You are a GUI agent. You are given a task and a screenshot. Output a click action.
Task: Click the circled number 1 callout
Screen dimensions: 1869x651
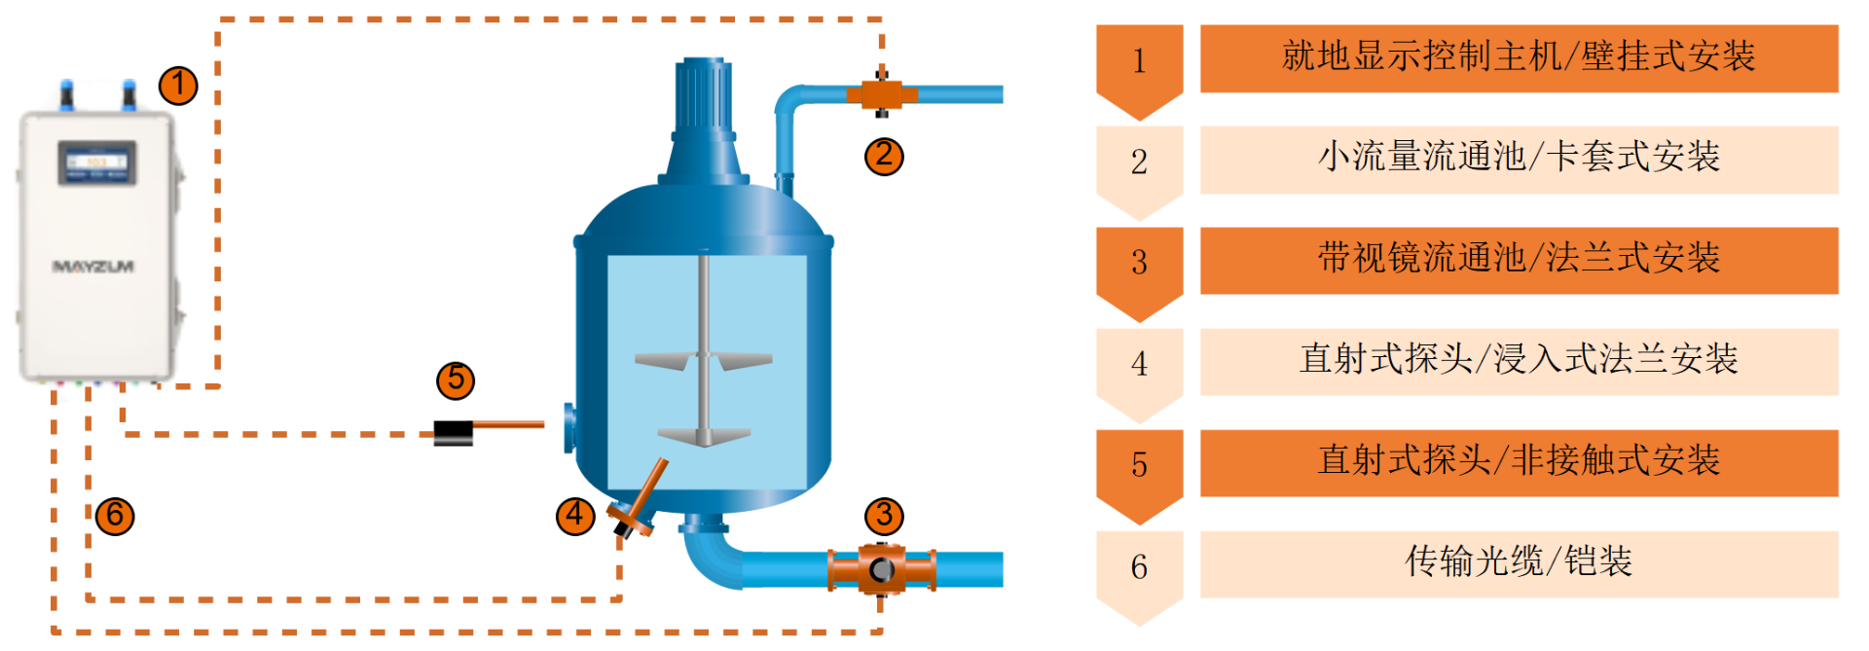(x=178, y=86)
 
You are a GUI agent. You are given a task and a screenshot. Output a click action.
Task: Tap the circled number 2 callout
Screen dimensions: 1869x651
(x=884, y=156)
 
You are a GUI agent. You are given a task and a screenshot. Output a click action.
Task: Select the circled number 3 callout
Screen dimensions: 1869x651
(x=884, y=516)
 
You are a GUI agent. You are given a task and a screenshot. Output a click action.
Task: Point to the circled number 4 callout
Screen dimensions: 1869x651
(x=575, y=516)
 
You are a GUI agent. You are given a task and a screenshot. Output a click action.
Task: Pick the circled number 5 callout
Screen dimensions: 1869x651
(x=456, y=380)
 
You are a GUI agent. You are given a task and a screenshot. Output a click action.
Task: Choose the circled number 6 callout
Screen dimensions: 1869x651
(x=115, y=516)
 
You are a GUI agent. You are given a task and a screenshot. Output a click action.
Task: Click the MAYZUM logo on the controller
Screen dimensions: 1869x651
(x=93, y=267)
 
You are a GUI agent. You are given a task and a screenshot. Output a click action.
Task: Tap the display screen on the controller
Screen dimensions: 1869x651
(x=96, y=163)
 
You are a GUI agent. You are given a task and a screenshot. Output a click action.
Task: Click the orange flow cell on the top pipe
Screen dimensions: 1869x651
(x=882, y=94)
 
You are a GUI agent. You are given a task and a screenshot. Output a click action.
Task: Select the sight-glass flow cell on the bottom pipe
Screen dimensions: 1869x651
(x=882, y=570)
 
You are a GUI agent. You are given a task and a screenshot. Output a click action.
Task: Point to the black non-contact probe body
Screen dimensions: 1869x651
(x=453, y=433)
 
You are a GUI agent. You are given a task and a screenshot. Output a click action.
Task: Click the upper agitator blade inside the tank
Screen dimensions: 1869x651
(x=703, y=360)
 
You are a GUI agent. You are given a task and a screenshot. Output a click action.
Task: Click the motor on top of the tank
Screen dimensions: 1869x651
(x=703, y=121)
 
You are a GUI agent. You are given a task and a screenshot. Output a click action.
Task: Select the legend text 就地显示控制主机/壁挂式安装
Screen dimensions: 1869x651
(x=1519, y=56)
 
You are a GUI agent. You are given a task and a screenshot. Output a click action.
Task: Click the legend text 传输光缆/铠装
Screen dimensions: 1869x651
(x=1519, y=561)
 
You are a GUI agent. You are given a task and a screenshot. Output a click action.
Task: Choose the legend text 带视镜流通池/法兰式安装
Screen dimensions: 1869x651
(x=1519, y=258)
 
